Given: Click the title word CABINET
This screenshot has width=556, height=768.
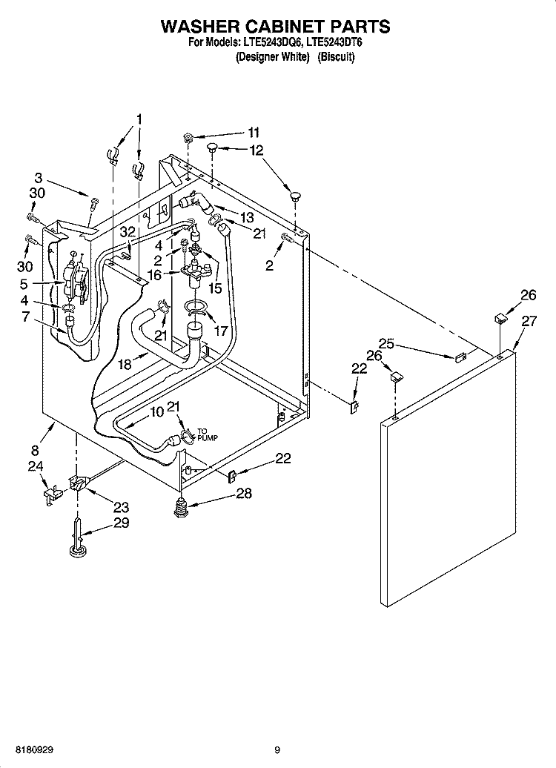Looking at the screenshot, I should [272, 27].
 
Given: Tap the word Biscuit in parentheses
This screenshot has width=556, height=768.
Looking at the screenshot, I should [337, 57].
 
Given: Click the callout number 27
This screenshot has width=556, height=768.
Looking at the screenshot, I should [529, 321].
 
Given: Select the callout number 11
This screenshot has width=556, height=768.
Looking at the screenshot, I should [254, 133].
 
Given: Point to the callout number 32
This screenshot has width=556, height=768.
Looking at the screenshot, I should [128, 231].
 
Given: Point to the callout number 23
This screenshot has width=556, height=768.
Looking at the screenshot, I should [121, 508].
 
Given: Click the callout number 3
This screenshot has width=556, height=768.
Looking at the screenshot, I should [39, 177].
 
